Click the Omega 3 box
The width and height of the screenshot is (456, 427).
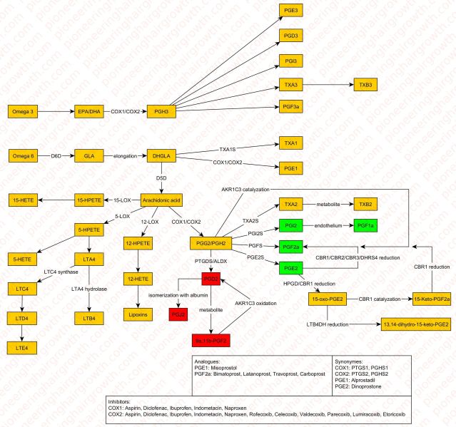tap(24, 111)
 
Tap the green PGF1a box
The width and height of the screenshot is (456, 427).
tap(369, 225)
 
